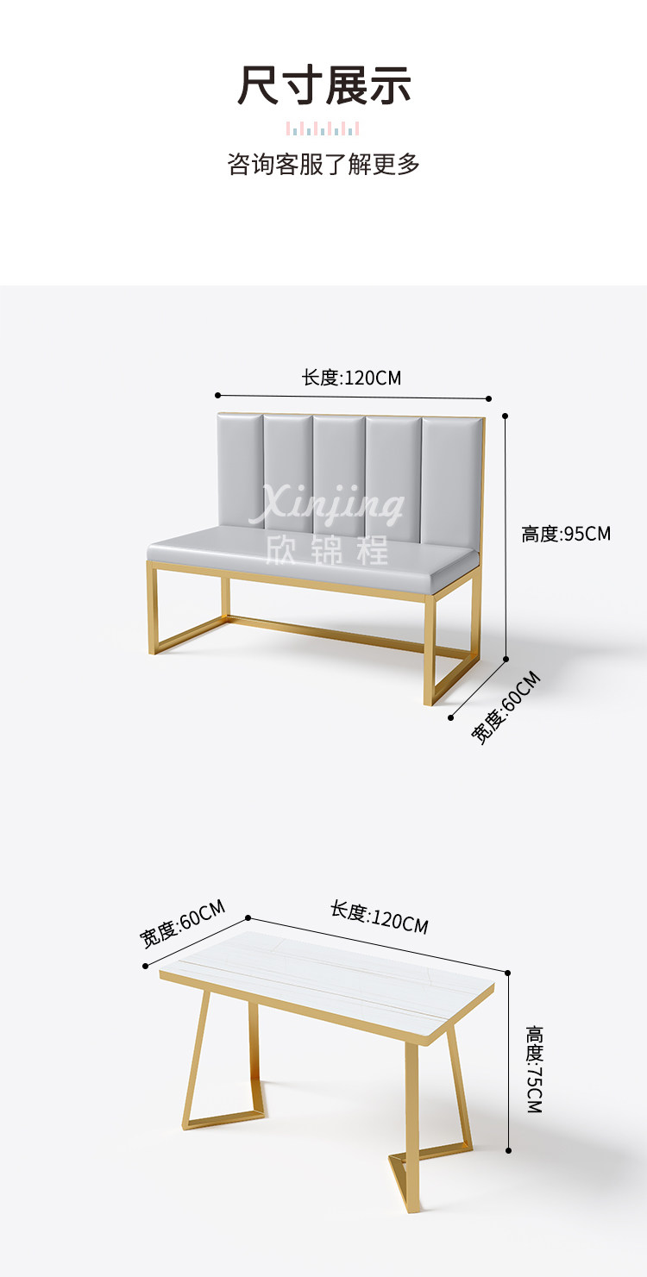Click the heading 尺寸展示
pyautogui.click(x=324, y=86)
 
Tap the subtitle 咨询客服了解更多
pyautogui.click(x=323, y=164)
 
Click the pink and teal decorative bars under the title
pyautogui.click(x=323, y=129)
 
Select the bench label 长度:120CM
pyautogui.click(x=351, y=378)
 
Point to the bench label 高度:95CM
pyautogui.click(x=566, y=534)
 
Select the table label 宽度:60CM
pyautogui.click(x=183, y=923)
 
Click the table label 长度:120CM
pyautogui.click(x=379, y=917)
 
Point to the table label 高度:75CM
pyautogui.click(x=535, y=1069)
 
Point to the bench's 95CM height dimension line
pyautogui.click(x=506, y=535)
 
